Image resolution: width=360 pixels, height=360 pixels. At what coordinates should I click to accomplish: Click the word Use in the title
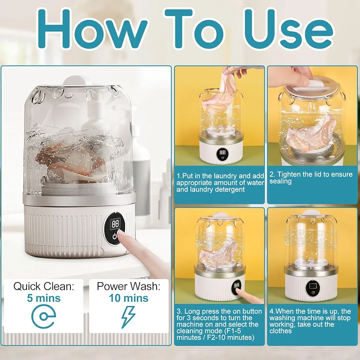tap(288, 29)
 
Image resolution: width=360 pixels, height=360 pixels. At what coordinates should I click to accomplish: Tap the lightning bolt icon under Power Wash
tap(128, 317)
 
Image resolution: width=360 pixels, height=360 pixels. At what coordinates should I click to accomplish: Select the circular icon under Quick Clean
tap(43, 316)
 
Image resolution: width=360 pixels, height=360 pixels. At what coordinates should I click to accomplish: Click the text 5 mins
tap(43, 298)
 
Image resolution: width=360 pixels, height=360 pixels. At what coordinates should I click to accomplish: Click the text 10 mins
tap(128, 298)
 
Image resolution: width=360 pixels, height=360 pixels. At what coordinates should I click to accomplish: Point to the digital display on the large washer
tap(115, 223)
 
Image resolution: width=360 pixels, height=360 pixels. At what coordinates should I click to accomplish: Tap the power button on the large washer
tap(115, 236)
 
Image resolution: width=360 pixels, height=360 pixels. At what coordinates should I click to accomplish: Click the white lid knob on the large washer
tap(78, 81)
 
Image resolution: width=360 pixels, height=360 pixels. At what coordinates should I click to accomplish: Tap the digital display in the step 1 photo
tap(222, 152)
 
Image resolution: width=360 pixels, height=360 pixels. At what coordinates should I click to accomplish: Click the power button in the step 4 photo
tap(313, 292)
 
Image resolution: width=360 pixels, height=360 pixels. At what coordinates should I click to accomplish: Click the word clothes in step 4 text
tap(281, 331)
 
